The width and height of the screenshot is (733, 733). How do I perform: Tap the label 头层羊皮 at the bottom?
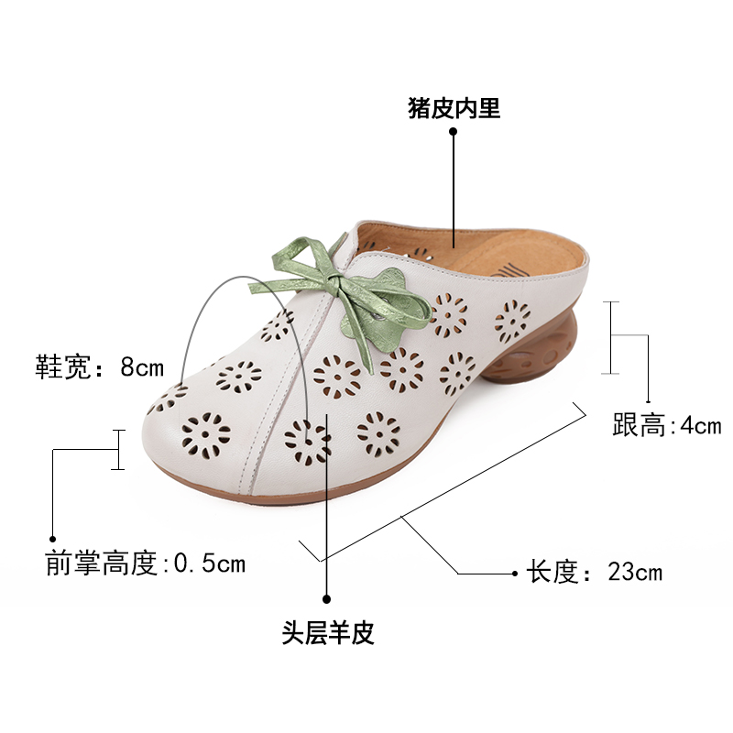click(328, 633)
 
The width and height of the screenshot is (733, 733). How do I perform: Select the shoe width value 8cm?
click(142, 368)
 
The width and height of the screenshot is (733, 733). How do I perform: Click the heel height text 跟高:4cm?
click(666, 426)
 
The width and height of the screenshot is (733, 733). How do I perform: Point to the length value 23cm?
click(635, 574)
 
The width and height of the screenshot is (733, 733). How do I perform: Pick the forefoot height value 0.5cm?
click(209, 563)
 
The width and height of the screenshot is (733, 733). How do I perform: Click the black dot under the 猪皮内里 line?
click(453, 132)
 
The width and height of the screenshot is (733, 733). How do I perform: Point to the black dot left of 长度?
click(514, 574)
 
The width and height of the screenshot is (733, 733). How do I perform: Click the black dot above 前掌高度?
click(53, 539)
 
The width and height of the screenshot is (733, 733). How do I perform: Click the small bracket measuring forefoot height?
click(117, 449)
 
